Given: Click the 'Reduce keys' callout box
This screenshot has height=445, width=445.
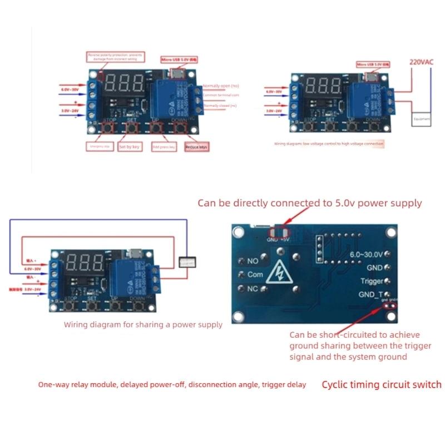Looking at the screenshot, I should (x=196, y=147).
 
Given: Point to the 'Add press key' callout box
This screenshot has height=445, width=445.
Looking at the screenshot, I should (x=163, y=147).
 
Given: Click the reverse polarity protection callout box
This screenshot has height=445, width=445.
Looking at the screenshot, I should (x=115, y=58).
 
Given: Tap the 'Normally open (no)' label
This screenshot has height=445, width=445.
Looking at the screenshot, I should (x=220, y=86).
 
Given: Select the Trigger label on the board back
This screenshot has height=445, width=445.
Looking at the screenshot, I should (x=372, y=281).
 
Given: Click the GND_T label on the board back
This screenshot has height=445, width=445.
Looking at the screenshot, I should (x=370, y=294).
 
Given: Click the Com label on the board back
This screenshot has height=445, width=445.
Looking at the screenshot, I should (x=255, y=275).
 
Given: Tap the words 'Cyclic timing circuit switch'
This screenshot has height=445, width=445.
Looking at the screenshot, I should (x=382, y=384).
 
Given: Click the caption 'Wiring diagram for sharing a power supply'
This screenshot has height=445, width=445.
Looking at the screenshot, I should (x=143, y=324).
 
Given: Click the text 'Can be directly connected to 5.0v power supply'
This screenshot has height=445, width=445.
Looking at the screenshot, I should (x=309, y=203).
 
